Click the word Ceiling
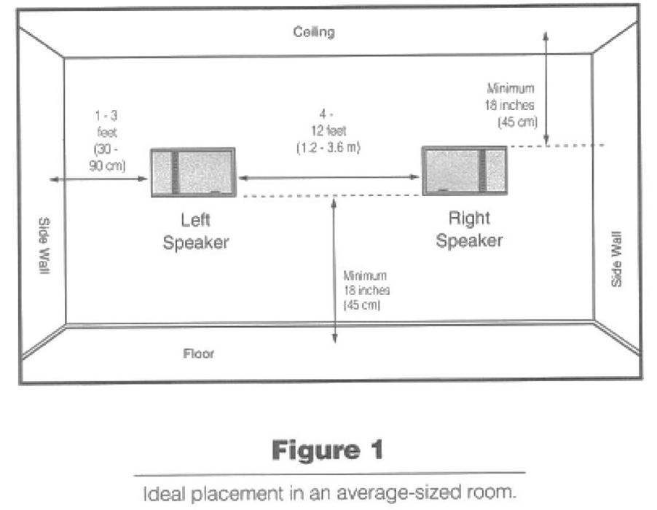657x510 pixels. pos(314,32)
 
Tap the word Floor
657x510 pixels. pos(198,353)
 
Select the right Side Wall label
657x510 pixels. pos(616,259)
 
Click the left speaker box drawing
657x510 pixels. pos(193,172)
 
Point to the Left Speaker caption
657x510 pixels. pos(195,232)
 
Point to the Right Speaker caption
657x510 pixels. pos(469,229)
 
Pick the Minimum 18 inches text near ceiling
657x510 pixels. pos(513,105)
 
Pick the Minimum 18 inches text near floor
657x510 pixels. pos(366,291)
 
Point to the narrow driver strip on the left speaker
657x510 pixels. pos(175,173)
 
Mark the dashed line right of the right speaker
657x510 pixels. pos(556,146)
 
